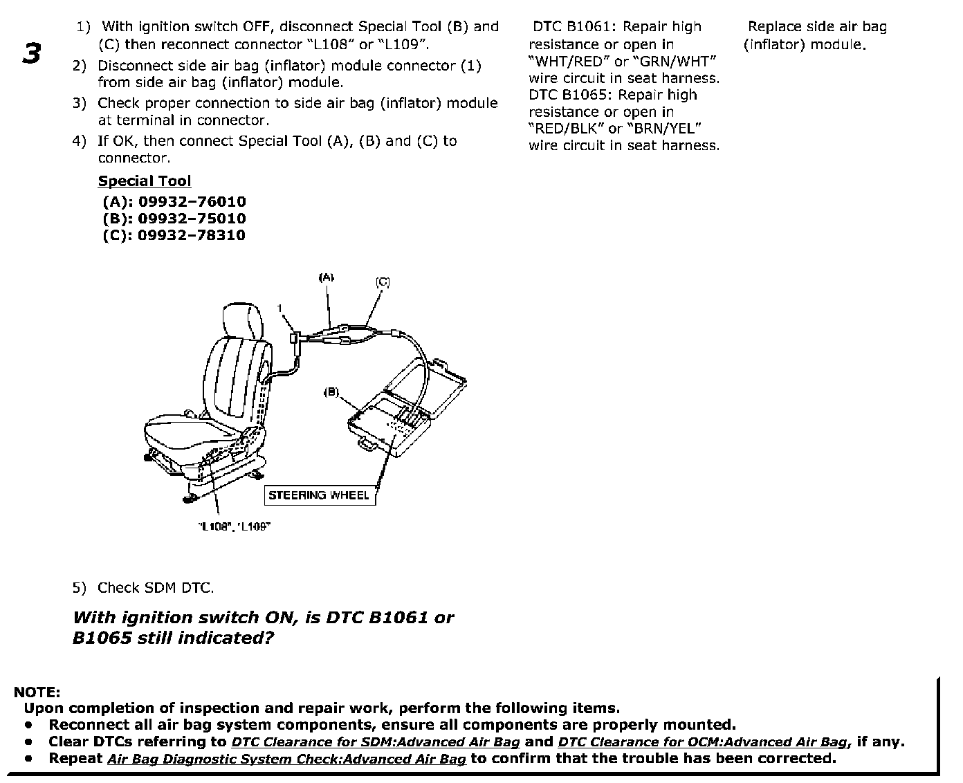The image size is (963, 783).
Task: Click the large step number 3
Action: click(32, 53)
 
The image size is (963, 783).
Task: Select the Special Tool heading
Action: click(145, 181)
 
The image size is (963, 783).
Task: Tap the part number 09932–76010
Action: click(192, 202)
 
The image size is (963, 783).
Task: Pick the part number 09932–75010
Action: click(192, 219)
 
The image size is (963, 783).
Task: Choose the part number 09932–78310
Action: click(192, 235)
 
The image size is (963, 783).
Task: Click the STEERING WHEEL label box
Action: click(319, 495)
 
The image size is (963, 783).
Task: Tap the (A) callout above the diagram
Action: click(326, 277)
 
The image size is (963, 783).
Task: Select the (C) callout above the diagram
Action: click(383, 282)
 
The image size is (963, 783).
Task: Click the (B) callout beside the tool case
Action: click(331, 391)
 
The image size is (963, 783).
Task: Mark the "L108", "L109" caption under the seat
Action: click(233, 526)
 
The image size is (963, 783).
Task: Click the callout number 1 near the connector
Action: click(280, 308)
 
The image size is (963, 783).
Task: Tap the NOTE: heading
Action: click(37, 692)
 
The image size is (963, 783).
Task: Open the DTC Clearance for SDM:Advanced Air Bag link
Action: click(375, 742)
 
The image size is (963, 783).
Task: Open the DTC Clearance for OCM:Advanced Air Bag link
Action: click(702, 742)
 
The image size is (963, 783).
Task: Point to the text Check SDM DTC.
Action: click(156, 588)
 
